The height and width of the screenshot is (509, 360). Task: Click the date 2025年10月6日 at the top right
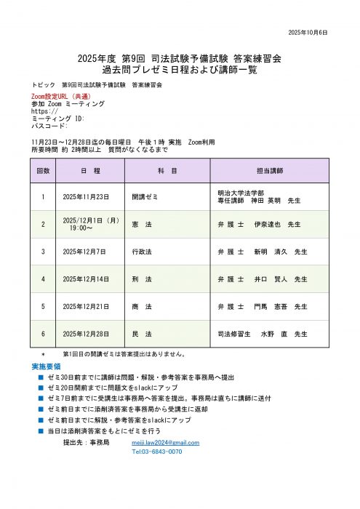(x=308, y=33)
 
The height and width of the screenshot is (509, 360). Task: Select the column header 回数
(x=43, y=169)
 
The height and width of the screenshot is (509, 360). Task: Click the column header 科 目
(x=167, y=169)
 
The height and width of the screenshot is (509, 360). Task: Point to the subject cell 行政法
(x=142, y=252)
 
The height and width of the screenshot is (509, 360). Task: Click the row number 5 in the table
(x=43, y=306)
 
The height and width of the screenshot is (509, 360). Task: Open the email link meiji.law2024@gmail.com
(x=165, y=441)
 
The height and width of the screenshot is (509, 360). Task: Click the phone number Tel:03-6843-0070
(x=156, y=452)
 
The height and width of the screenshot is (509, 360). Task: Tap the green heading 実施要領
(x=46, y=366)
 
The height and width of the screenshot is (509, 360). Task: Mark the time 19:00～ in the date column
(x=81, y=228)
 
